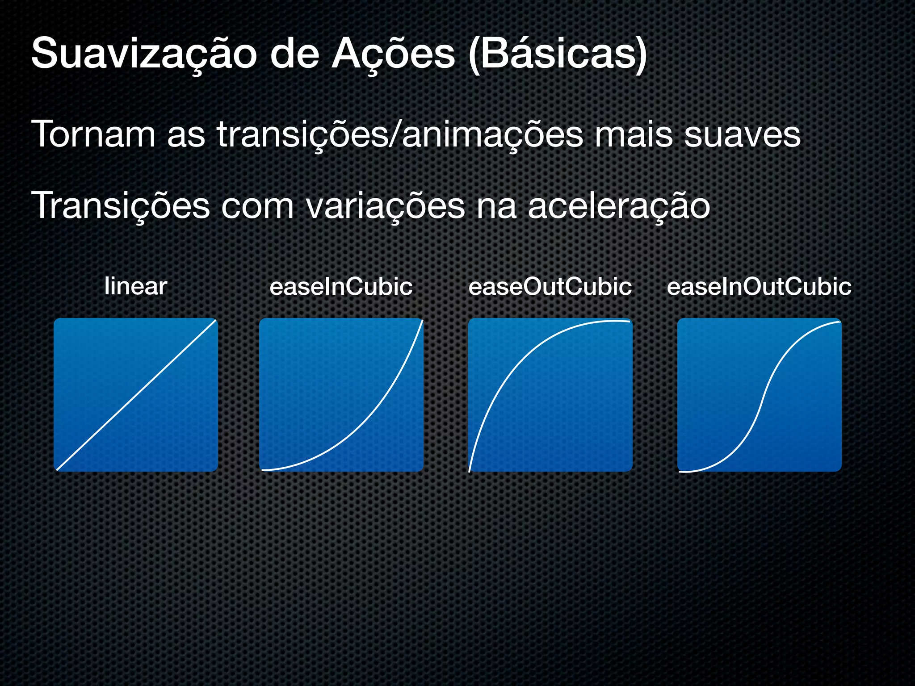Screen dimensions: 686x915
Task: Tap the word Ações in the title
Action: pos(393,54)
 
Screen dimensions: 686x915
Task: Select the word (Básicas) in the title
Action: pos(558,54)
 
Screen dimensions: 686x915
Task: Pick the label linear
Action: pos(136,287)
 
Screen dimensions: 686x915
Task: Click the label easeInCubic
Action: pos(341,287)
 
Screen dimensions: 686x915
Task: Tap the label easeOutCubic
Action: pos(550,287)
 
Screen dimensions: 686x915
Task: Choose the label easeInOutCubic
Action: pos(759,287)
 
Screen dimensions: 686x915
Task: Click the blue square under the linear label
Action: pos(136,395)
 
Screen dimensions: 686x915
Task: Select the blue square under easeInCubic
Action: pos(341,395)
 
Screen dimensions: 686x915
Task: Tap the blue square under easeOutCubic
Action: pos(550,395)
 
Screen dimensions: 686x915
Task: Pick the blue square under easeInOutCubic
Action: pos(759,395)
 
